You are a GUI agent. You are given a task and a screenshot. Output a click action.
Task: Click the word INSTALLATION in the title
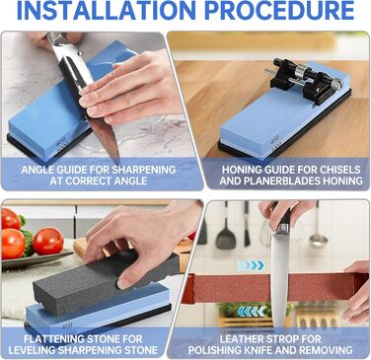click(107, 10)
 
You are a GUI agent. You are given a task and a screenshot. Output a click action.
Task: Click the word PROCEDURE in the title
click(280, 10)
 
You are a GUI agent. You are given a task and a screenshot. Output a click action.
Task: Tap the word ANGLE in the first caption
click(36, 170)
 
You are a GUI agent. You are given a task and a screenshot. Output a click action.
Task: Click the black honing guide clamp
click(303, 80)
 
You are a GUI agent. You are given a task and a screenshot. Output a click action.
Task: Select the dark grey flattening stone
click(106, 274)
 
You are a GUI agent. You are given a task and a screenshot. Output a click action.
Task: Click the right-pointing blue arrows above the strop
click(250, 265)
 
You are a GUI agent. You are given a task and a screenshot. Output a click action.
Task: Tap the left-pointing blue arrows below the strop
click(252, 311)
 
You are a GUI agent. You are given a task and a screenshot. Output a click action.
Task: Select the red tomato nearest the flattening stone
click(48, 241)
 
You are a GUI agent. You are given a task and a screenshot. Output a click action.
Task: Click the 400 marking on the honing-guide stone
click(274, 141)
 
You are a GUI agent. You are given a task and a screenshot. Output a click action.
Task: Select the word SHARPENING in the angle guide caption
click(143, 170)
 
